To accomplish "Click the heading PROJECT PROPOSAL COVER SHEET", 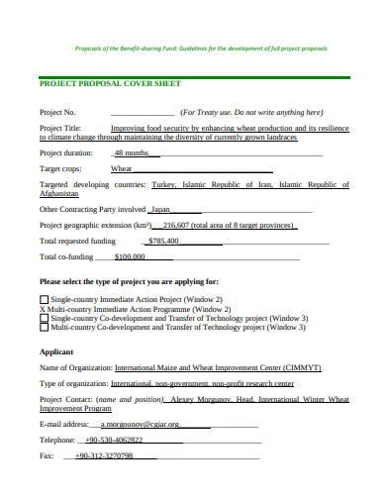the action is point(109,84).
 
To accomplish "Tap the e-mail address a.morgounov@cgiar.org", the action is point(140,424).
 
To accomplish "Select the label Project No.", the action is point(57,112).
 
